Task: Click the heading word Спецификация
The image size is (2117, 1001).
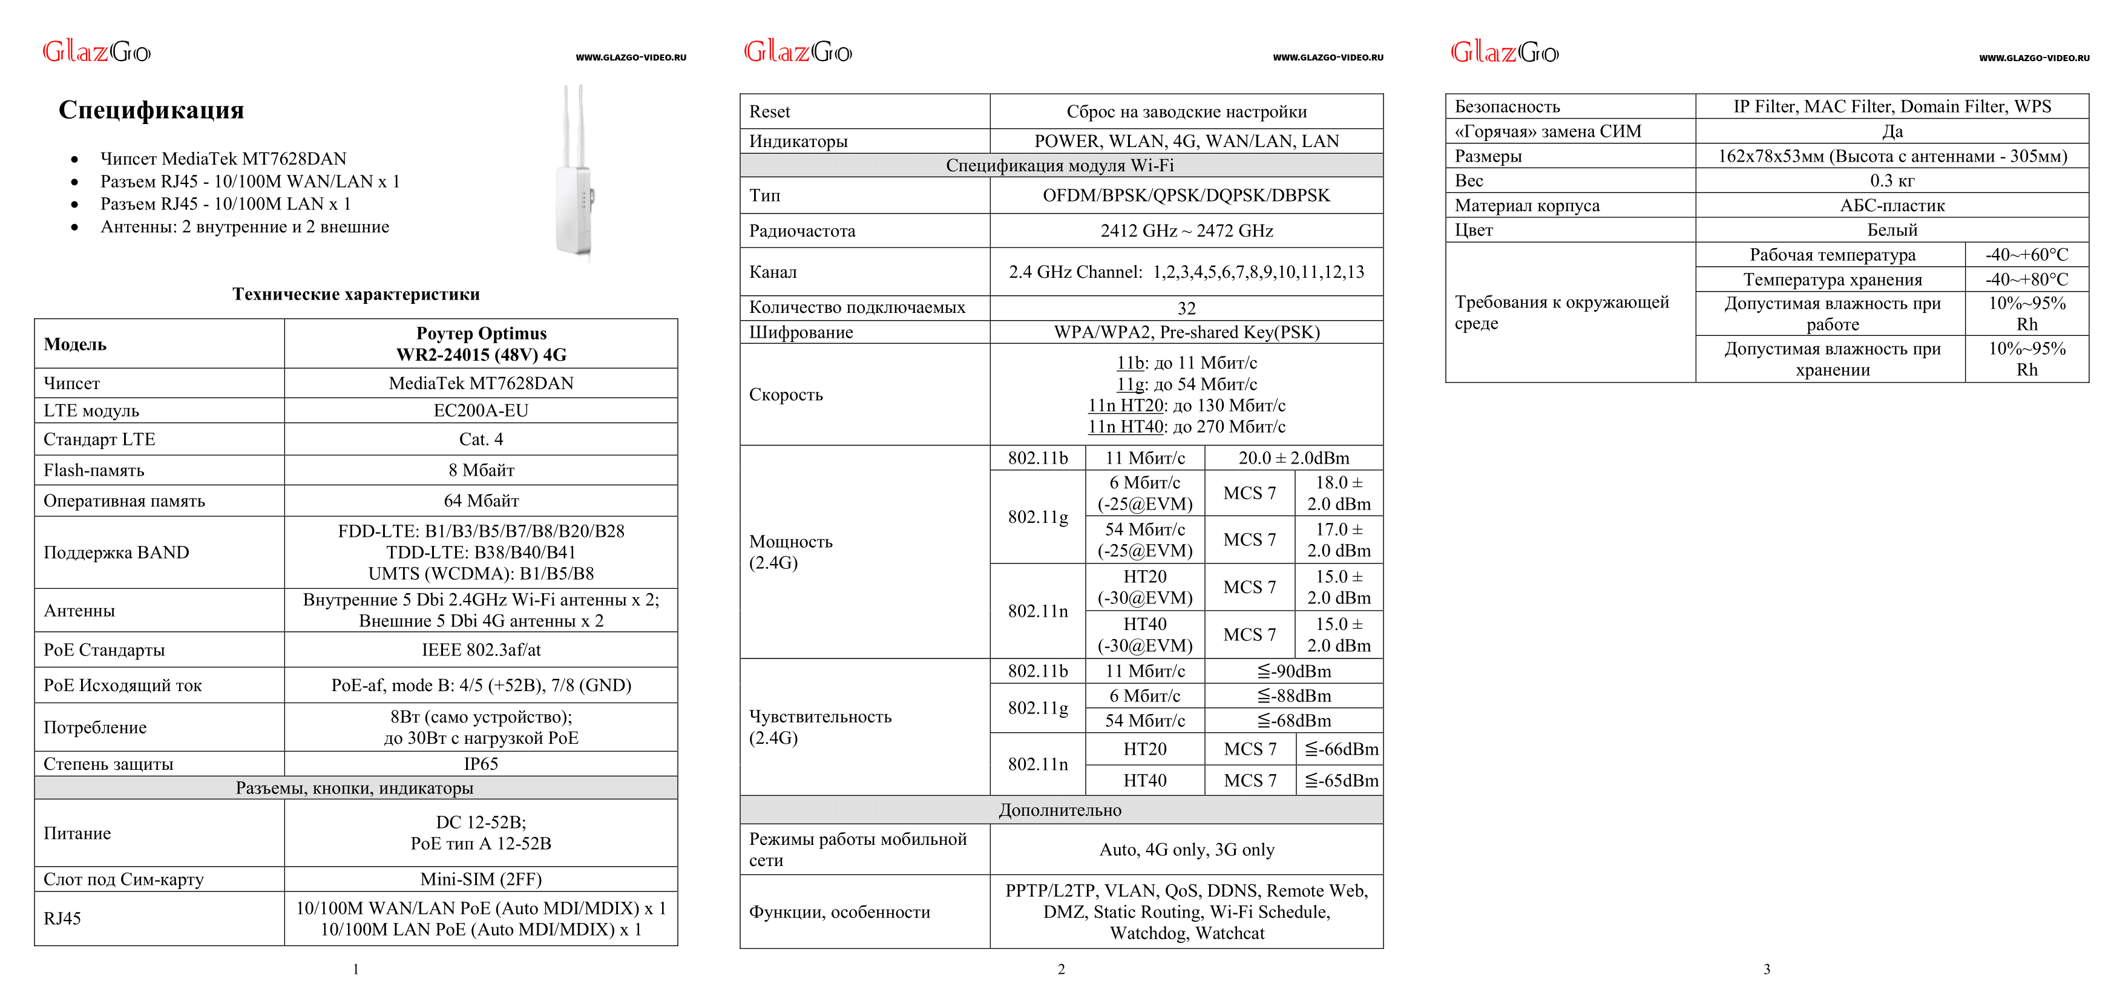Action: [151, 110]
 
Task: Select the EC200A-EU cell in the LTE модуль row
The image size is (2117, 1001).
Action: [481, 411]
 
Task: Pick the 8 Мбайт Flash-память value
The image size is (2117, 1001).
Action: [481, 470]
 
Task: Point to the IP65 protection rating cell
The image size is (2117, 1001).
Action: [481, 764]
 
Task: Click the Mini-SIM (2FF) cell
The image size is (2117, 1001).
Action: [481, 879]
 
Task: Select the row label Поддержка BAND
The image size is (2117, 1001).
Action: [116, 553]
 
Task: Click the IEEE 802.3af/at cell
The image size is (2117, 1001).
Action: [481, 650]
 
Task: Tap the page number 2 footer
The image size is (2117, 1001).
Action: [1061, 970]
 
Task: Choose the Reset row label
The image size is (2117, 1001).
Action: [769, 112]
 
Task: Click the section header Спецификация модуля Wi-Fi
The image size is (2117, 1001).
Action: [1060, 165]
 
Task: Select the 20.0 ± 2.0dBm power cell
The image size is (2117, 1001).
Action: [1293, 458]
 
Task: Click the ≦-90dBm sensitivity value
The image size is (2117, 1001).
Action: [1293, 671]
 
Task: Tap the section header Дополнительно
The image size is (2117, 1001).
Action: [1060, 810]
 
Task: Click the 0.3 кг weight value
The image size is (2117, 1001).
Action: [1892, 181]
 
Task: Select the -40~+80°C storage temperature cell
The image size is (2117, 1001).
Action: [2027, 280]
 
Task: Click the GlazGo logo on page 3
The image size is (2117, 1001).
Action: [1504, 53]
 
